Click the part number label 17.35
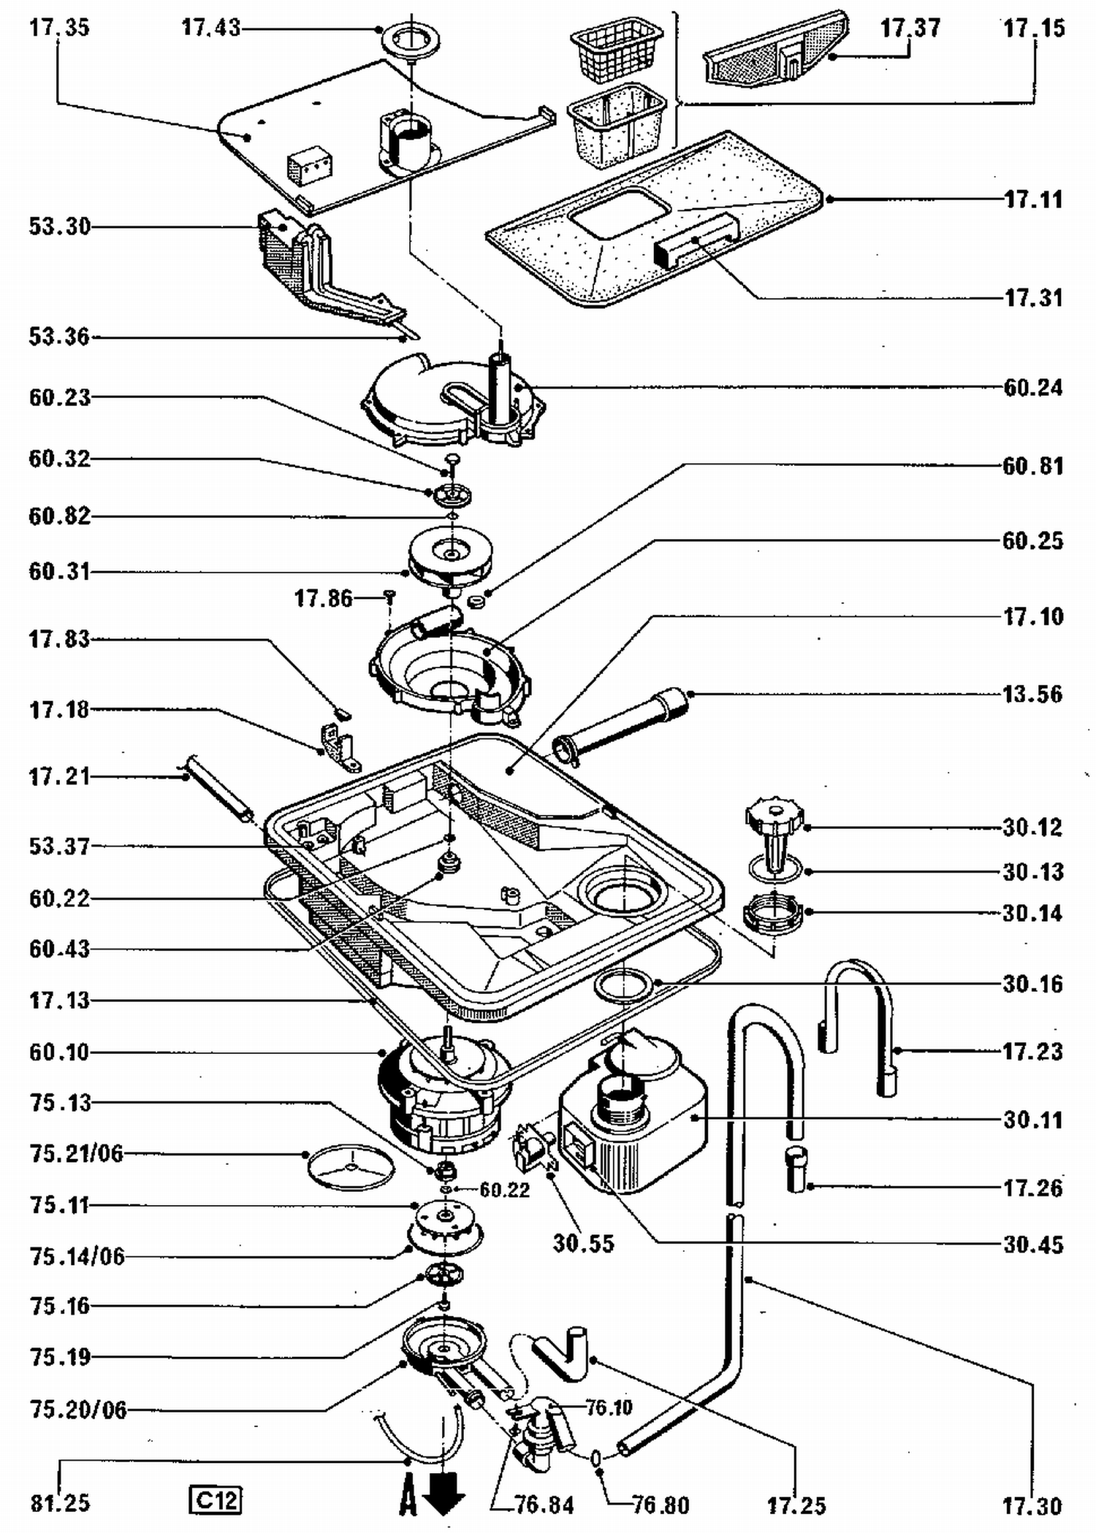[x=59, y=28]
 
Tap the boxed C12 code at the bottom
[x=215, y=1500]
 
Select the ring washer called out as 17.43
[x=412, y=39]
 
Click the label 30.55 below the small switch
[x=583, y=1243]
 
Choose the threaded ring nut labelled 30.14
[x=773, y=914]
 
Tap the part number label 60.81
[x=1032, y=465]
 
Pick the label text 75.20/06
[x=78, y=1410]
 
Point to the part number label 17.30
[x=1032, y=1506]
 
